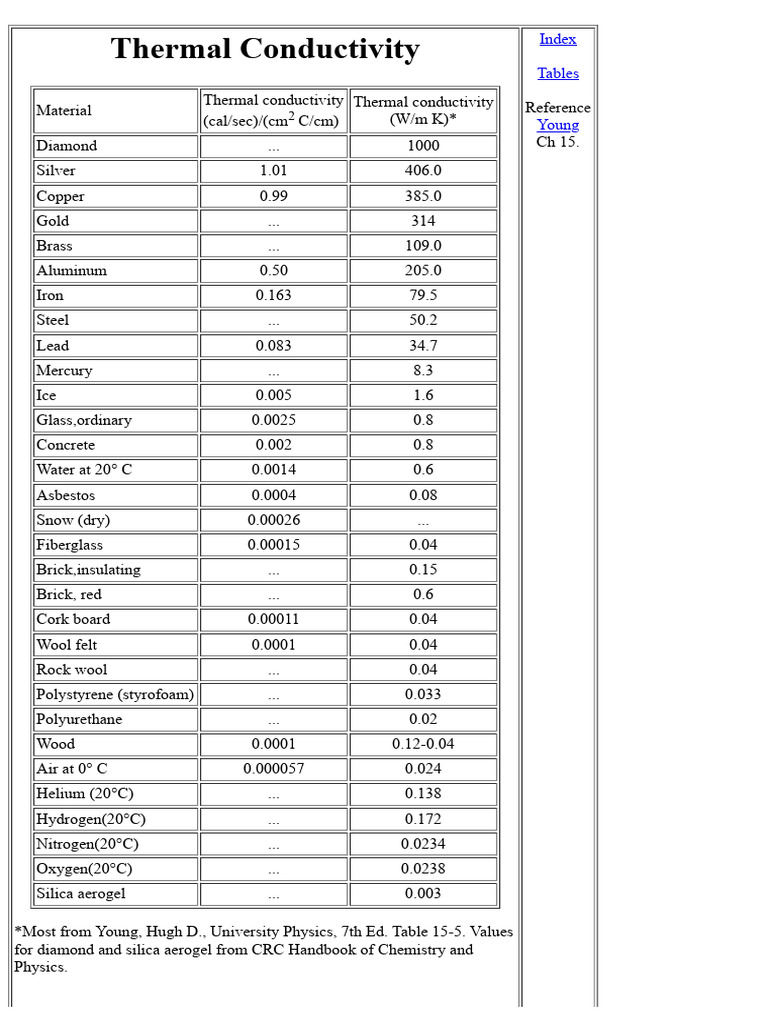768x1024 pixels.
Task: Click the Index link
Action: pyautogui.click(x=557, y=39)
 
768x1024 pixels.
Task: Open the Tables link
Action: pyautogui.click(x=557, y=73)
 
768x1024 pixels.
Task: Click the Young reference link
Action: pyautogui.click(x=557, y=125)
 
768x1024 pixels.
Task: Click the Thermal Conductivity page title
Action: pyautogui.click(x=265, y=49)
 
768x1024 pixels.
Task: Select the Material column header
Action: pyautogui.click(x=64, y=110)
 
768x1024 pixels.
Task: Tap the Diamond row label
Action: pyautogui.click(x=67, y=146)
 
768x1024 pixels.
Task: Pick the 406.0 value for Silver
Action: pyautogui.click(x=423, y=171)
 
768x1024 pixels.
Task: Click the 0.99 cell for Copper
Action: pyautogui.click(x=273, y=196)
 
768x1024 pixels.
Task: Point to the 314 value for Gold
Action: pyautogui.click(x=423, y=221)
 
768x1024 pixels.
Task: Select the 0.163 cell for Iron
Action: pyautogui.click(x=273, y=295)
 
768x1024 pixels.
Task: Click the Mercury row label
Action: pyautogui.click(x=64, y=370)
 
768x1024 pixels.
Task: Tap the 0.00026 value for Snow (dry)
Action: pyautogui.click(x=273, y=520)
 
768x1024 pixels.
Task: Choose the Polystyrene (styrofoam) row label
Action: pyautogui.click(x=115, y=694)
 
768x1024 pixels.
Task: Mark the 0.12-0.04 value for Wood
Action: pyautogui.click(x=423, y=744)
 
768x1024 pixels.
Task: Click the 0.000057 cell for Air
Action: pyautogui.click(x=273, y=769)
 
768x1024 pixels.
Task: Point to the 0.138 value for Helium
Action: pyautogui.click(x=423, y=794)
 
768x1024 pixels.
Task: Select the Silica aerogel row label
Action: pyautogui.click(x=81, y=894)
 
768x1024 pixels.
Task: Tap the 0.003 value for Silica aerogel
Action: pyautogui.click(x=423, y=894)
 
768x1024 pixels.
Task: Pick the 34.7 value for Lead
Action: pyautogui.click(x=423, y=345)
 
